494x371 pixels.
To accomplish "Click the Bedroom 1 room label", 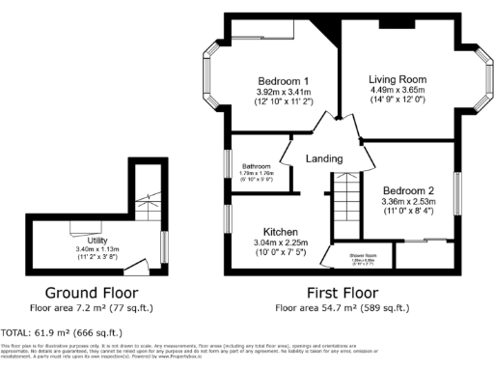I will click(x=283, y=80).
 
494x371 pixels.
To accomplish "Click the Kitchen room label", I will click(x=279, y=233).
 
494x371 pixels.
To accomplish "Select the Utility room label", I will click(x=97, y=239).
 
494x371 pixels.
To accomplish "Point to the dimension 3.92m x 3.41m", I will click(x=283, y=92).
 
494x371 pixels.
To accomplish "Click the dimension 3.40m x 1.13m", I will click(x=96, y=248).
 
